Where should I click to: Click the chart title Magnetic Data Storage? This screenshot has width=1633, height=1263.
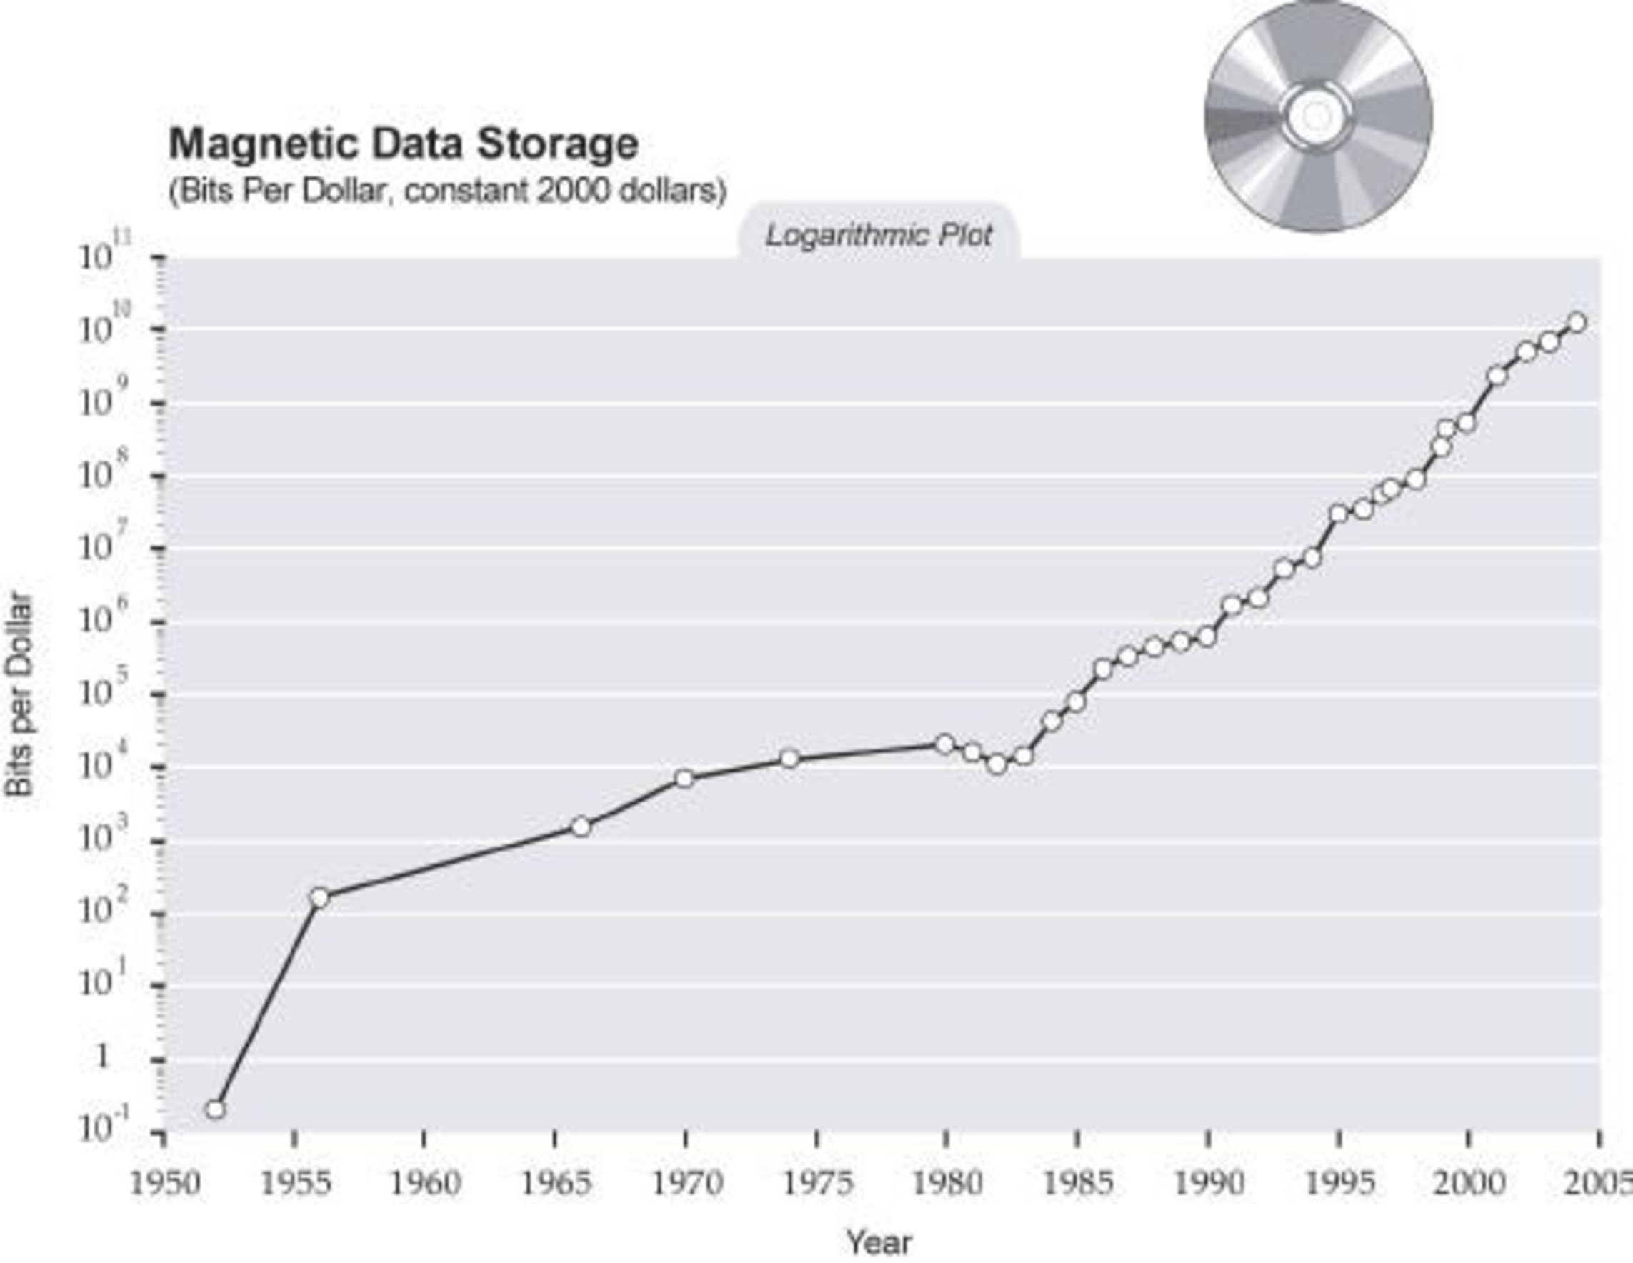click(404, 144)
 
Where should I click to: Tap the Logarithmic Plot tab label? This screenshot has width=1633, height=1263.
click(879, 236)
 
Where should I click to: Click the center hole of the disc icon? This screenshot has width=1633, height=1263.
click(1317, 116)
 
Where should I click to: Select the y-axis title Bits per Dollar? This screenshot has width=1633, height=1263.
click(20, 695)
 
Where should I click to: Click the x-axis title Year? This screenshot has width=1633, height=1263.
click(879, 1243)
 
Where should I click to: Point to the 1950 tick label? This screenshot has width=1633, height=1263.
click(165, 1184)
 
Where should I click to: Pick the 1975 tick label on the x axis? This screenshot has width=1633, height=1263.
click(816, 1184)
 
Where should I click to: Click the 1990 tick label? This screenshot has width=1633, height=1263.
click(1207, 1184)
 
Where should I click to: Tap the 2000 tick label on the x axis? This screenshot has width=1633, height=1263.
click(1468, 1184)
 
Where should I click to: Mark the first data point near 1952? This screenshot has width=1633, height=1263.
click(215, 1109)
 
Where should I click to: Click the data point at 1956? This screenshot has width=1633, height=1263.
click(319, 897)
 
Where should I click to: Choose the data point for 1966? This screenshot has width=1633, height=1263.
click(581, 827)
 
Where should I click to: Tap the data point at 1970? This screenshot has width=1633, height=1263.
click(684, 779)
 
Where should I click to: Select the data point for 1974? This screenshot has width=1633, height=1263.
click(789, 759)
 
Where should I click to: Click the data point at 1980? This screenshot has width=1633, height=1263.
click(945, 744)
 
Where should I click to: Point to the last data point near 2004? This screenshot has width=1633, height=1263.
click(1577, 322)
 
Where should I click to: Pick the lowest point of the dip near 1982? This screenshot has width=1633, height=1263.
click(997, 764)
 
